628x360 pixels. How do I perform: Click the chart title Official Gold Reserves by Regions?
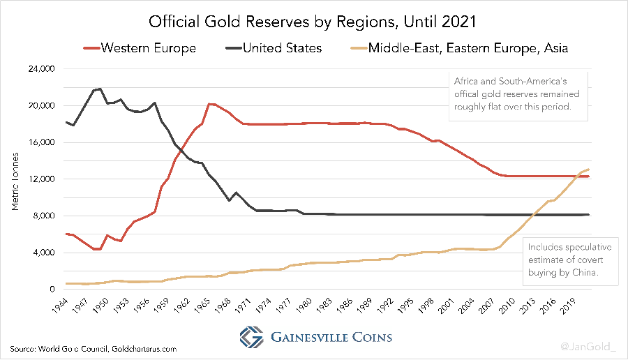click(313, 21)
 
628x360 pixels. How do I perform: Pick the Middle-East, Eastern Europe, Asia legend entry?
click(457, 48)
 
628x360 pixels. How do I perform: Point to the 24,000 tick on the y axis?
click(41, 70)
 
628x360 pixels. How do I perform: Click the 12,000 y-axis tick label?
click(41, 179)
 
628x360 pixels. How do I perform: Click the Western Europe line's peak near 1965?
click(209, 103)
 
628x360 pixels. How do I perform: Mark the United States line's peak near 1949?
click(100, 89)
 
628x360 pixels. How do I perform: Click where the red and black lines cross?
click(181, 149)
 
